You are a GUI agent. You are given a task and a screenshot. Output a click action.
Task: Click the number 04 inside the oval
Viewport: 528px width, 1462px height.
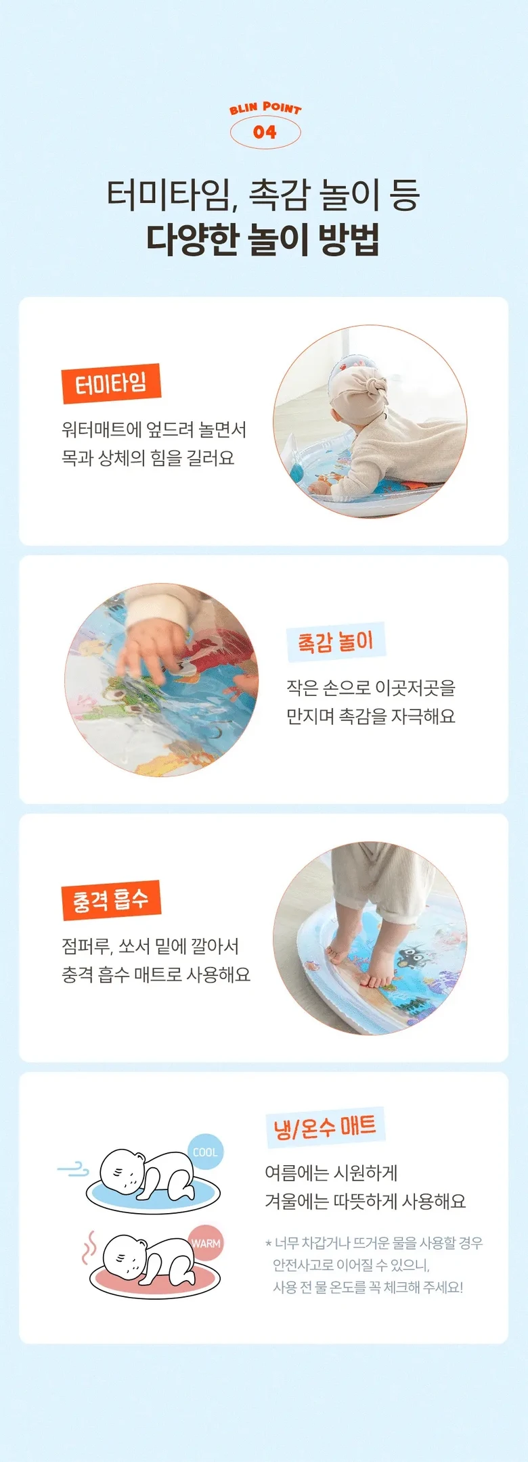click(x=265, y=133)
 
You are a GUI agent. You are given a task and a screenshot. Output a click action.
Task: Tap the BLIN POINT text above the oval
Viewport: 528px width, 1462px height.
click(x=265, y=108)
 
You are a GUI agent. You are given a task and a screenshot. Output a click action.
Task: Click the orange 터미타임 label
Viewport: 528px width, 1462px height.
click(x=111, y=384)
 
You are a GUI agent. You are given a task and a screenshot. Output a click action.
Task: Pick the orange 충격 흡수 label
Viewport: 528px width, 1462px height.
click(x=111, y=900)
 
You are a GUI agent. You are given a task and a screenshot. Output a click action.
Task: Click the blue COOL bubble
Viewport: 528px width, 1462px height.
click(x=205, y=1152)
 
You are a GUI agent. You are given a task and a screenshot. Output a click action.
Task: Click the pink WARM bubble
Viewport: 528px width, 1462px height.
click(x=206, y=1243)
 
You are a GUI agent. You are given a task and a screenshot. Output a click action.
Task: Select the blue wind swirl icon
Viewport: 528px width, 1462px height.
click(x=73, y=1169)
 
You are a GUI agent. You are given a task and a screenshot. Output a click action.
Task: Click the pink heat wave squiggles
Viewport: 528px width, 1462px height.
click(x=89, y=1248)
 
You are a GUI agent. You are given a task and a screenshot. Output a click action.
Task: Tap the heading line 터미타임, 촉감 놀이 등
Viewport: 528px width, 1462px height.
click(x=263, y=194)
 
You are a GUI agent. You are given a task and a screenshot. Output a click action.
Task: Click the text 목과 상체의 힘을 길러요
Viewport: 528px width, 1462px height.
click(x=148, y=458)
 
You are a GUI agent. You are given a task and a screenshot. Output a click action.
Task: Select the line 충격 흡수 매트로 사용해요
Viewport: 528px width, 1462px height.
click(x=156, y=974)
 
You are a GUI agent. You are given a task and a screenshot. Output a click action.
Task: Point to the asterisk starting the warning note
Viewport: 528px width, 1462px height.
click(x=269, y=1242)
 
